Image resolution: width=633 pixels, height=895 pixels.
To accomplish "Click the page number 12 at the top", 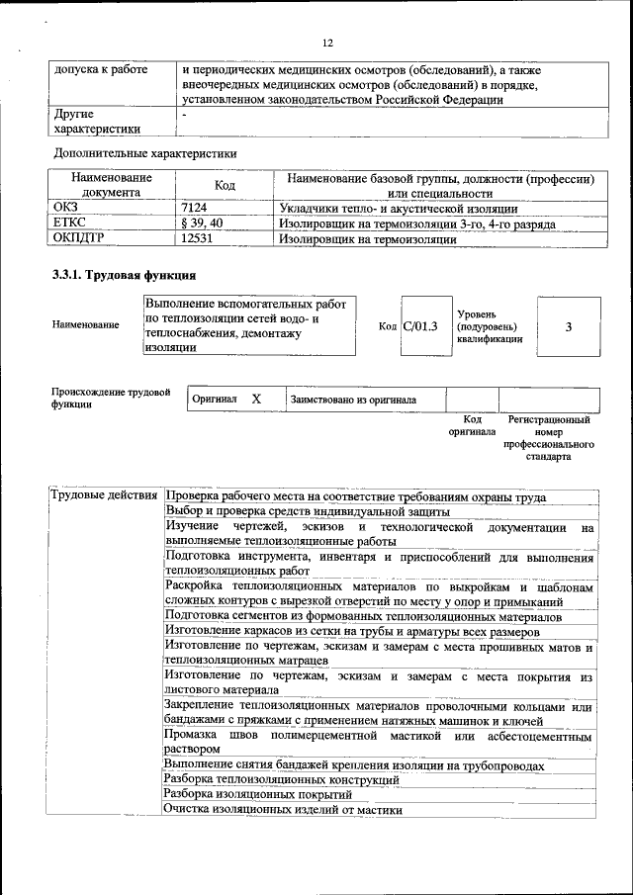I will coord(328,42).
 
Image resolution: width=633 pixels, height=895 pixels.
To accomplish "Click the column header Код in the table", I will coord(225,185).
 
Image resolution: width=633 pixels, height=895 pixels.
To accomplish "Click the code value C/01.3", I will coord(420,326).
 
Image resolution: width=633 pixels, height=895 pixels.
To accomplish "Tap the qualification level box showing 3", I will coord(569,326).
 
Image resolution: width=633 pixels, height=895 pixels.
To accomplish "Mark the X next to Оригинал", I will coord(256,399).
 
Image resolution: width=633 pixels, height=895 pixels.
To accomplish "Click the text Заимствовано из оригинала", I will coord(353,400).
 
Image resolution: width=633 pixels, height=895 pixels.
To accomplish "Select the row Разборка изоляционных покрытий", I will coord(258,794).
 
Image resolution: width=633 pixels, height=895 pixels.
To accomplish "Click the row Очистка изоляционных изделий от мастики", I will coord(284,809).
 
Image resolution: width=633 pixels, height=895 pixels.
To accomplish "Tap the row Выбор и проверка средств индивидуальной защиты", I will coord(308,511).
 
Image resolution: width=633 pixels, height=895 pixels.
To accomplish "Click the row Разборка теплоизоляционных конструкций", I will coord(281,779).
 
